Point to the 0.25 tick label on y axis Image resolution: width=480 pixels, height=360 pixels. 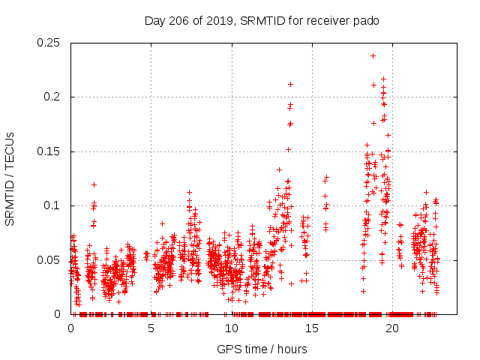click(50, 43)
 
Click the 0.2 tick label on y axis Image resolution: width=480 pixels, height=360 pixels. click(53, 97)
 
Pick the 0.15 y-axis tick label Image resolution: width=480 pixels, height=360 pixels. click(50, 151)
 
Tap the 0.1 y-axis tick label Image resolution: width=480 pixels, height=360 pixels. click(53, 205)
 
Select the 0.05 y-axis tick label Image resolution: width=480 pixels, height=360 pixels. click(50, 259)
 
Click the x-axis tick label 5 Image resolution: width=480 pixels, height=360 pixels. click(151, 328)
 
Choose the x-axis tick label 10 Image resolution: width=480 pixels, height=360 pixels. click(232, 328)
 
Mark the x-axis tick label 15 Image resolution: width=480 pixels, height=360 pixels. click(312, 328)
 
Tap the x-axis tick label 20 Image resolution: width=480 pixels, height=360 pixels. click(392, 328)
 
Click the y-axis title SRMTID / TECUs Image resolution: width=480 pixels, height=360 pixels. click(10, 178)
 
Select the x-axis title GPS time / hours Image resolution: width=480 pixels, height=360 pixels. click(262, 349)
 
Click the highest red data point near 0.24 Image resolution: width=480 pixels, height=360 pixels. click(373, 55)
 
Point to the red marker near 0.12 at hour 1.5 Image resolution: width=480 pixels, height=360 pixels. click(94, 184)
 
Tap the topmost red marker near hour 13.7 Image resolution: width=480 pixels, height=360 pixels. click(290, 84)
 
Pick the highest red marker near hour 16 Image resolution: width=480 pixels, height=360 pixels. click(326, 178)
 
